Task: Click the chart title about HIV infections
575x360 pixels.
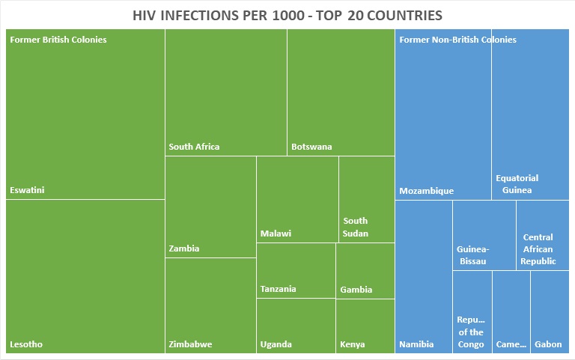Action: point(287,15)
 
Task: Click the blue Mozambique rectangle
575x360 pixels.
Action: point(442,120)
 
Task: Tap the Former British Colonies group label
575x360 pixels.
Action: point(58,40)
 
